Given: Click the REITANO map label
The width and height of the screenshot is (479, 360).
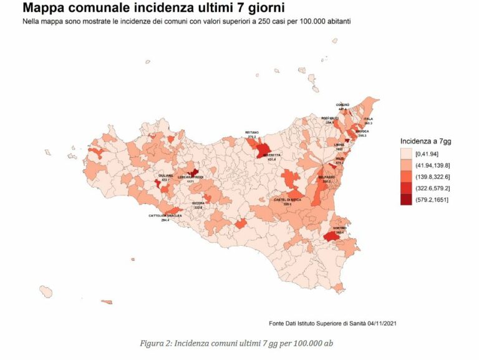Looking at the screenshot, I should click(x=252, y=132).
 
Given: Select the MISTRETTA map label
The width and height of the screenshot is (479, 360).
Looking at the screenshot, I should click(x=271, y=155).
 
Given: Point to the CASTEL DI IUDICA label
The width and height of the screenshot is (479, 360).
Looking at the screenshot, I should click(x=288, y=200).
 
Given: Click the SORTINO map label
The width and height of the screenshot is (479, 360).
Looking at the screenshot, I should click(x=339, y=228).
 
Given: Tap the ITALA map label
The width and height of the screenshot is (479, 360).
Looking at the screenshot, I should click(x=368, y=119).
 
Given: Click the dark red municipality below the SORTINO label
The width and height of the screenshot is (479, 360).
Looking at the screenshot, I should click(x=331, y=237).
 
